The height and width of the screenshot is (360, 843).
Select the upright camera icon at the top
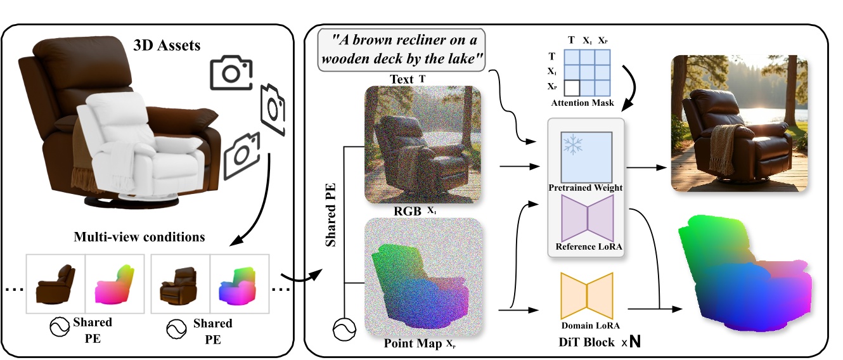point(231,73)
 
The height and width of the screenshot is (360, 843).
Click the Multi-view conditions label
point(139,238)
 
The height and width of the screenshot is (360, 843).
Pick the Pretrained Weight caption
point(586,188)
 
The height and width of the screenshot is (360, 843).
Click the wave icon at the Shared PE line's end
point(343,329)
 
